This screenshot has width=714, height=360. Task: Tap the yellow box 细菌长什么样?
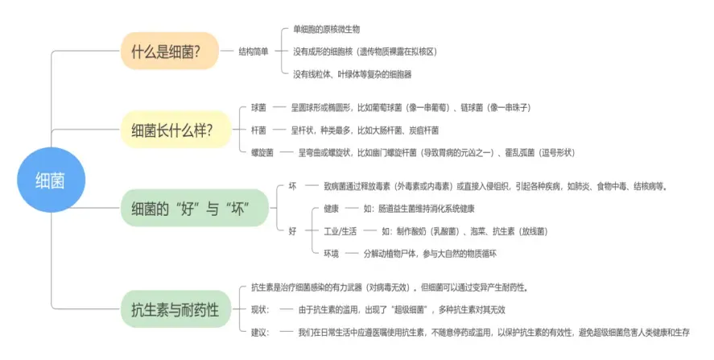[172, 129]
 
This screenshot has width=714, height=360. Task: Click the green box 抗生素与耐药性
[175, 308]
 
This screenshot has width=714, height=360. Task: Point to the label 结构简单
[254, 51]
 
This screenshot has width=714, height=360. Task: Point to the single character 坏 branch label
[292, 186]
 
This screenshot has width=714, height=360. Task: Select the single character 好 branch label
[292, 230]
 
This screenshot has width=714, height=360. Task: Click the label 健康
[331, 209]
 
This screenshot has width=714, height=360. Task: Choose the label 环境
[331, 254]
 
